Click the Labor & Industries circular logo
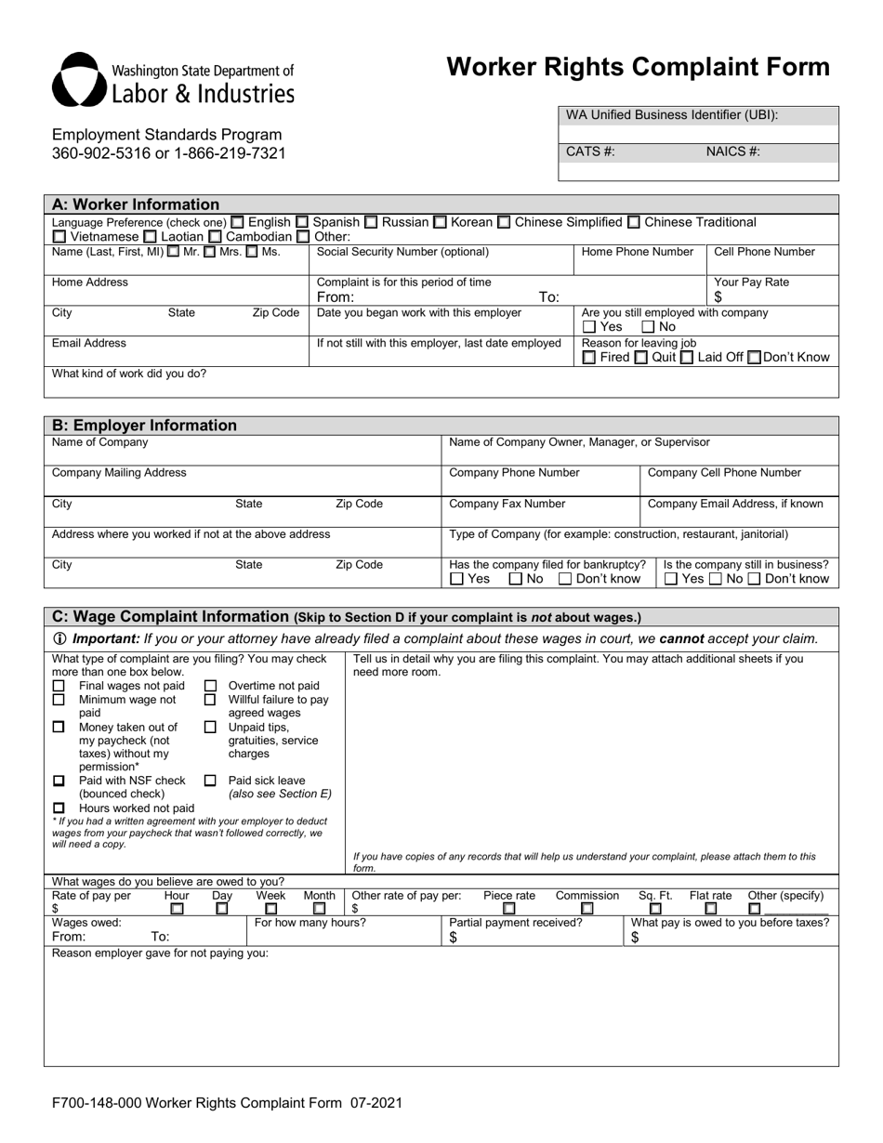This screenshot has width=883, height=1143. point(79,81)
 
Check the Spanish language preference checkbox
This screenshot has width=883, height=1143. point(302,222)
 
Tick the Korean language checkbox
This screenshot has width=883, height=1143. point(441,222)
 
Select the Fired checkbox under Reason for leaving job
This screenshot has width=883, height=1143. point(588,358)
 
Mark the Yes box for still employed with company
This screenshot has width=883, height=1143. point(588,327)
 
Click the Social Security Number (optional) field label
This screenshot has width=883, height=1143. point(402,252)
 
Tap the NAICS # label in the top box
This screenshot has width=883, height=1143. point(732,151)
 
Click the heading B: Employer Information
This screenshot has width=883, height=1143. point(144,426)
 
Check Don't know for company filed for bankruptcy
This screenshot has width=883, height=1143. point(565,579)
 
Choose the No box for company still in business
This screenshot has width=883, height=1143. point(715,579)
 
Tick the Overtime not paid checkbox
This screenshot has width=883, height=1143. point(210,686)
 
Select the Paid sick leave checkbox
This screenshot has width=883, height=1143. point(210,781)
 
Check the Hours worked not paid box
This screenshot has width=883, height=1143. point(59,808)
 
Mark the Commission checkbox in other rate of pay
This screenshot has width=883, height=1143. point(587,909)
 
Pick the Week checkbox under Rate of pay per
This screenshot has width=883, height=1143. point(270,909)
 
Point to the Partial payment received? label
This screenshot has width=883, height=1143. point(516,923)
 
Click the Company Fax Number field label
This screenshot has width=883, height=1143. point(507,504)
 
